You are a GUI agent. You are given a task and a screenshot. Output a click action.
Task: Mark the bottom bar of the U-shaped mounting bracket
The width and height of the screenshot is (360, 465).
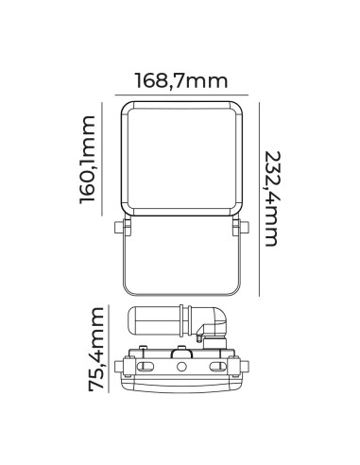pyautogui.click(x=180, y=294)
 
